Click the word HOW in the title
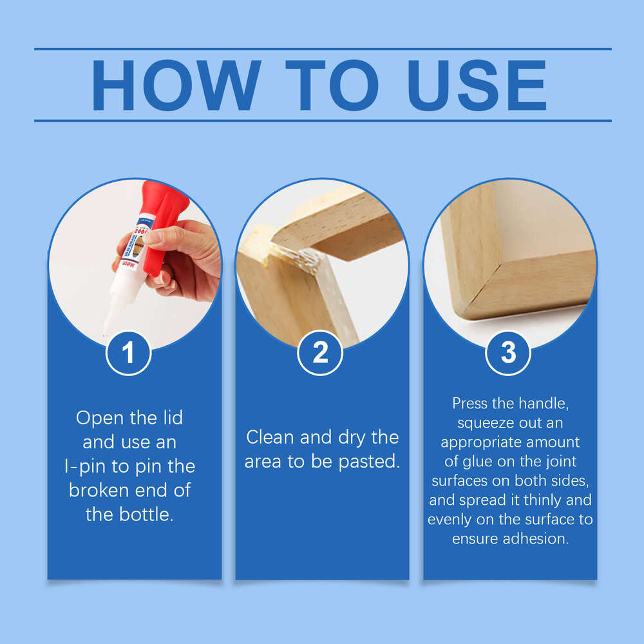point(176,86)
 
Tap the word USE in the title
point(477,86)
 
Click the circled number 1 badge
point(128,353)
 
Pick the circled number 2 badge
point(320,353)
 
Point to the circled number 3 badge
point(508,353)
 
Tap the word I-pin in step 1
point(94,466)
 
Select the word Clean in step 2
point(269,437)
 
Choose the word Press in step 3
point(471,404)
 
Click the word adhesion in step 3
point(537,539)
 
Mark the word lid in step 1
point(170,417)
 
